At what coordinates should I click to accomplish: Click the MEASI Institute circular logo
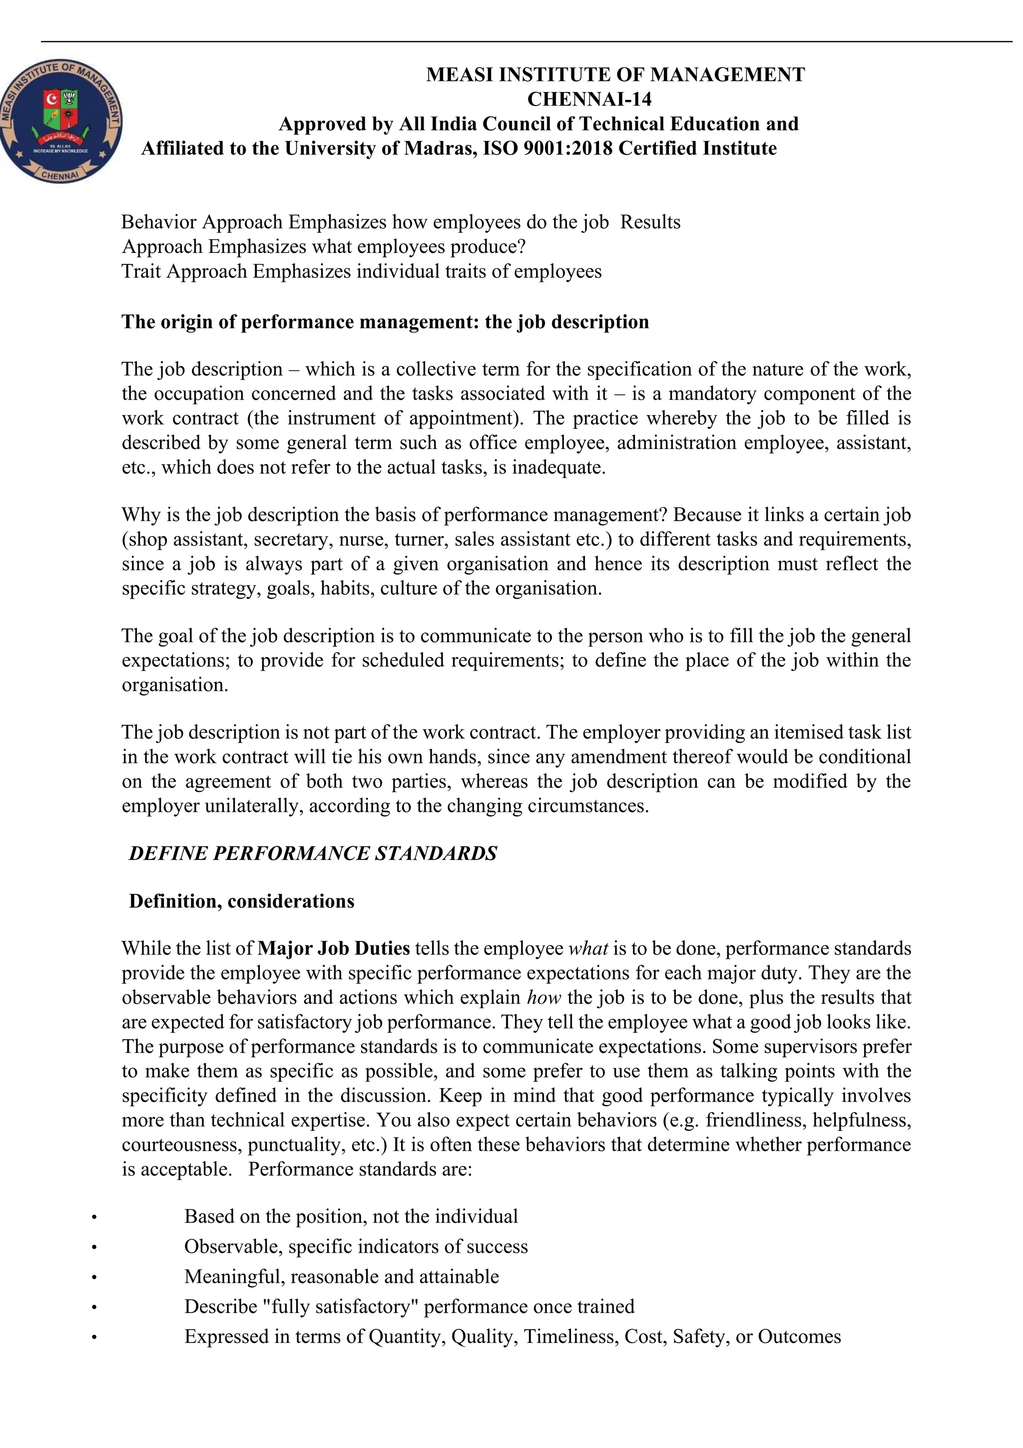click(61, 122)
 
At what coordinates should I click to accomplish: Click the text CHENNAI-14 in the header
click(589, 99)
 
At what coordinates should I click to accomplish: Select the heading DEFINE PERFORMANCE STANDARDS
click(313, 853)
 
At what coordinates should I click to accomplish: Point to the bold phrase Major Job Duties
click(334, 948)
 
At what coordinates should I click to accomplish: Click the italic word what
click(588, 948)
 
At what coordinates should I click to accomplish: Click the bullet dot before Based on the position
click(94, 1217)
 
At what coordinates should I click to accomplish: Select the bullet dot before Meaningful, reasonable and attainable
click(94, 1277)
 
